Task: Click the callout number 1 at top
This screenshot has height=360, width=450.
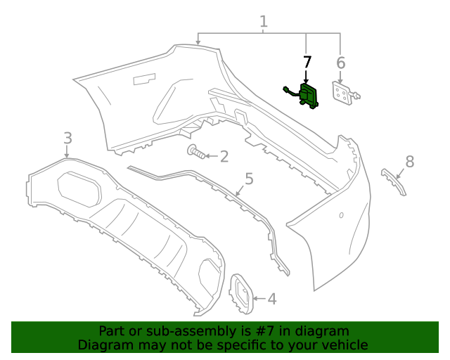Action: click(264, 22)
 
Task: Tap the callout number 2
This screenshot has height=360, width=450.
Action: click(224, 156)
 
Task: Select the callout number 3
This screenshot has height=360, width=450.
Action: click(67, 137)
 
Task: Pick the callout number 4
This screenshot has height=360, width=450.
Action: click(271, 299)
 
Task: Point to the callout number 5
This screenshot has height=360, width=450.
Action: click(248, 179)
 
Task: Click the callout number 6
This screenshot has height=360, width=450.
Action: click(340, 63)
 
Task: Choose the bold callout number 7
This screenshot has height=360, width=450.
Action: click(307, 62)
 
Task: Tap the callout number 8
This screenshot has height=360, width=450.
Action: click(409, 162)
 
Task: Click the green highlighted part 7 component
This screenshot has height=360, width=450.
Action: click(309, 96)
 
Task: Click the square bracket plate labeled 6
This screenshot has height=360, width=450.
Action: click(342, 94)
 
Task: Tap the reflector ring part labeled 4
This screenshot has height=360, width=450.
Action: click(240, 291)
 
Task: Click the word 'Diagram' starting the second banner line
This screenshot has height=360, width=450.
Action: click(104, 345)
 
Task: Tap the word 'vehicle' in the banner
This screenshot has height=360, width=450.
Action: click(343, 345)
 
